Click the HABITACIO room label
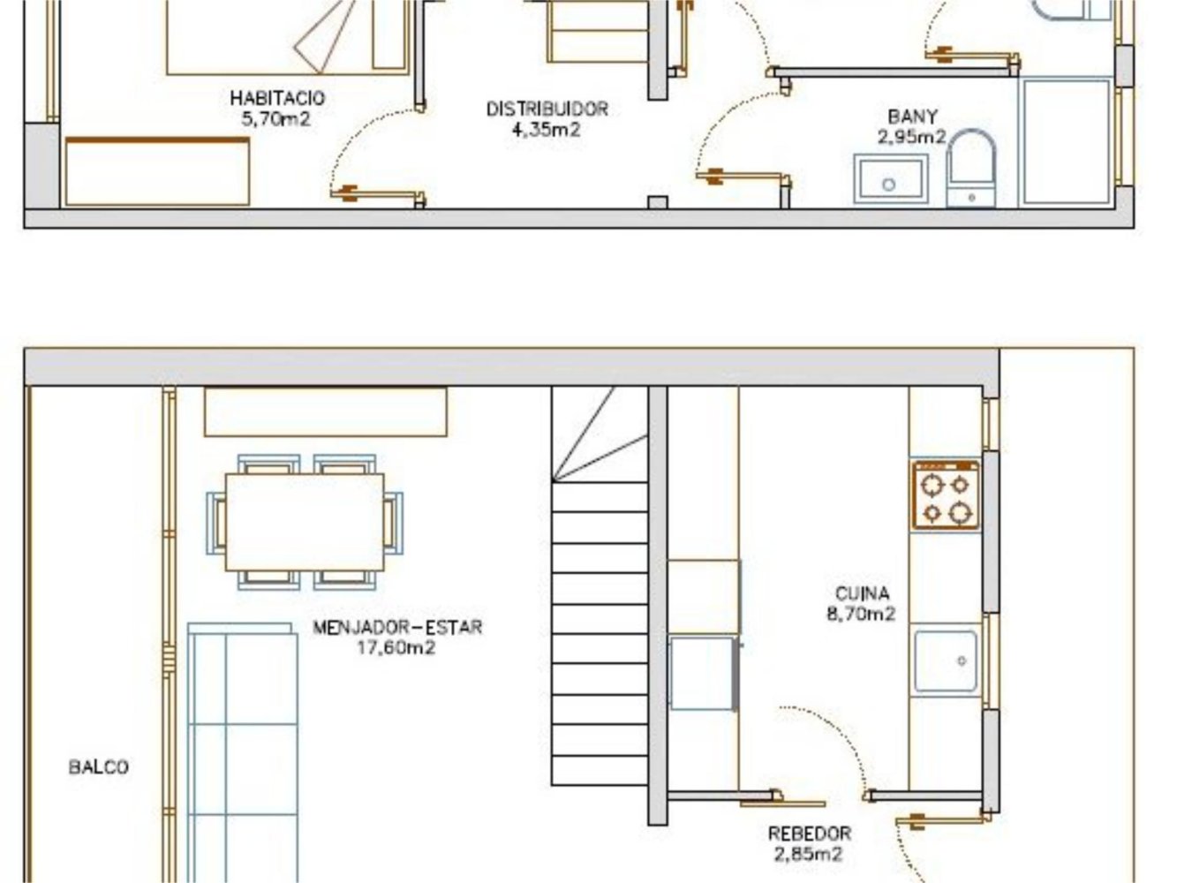pos(277,98)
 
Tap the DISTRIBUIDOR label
pos(547,109)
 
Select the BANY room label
pos(912,117)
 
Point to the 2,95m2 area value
pos(911,137)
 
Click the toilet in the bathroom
pos(971,168)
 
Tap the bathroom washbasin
pos(891,178)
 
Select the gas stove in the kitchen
pos(946,495)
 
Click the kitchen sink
pos(946,661)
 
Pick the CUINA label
pos(862,593)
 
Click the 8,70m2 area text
pos(861,614)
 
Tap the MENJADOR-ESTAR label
pos(397,627)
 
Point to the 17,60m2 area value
pos(396,647)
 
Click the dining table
pos(305,522)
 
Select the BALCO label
pos(99,767)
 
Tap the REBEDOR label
pos(809,834)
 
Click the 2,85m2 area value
pos(808,854)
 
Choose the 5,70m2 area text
pos(275,118)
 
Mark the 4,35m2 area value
pos(546,129)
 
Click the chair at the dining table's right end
pos(394,523)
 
